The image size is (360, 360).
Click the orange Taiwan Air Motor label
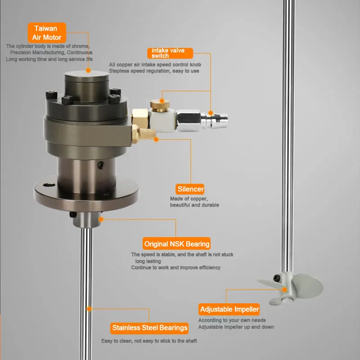(47, 32)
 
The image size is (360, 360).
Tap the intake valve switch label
(170, 53)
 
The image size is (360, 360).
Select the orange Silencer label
(190, 189)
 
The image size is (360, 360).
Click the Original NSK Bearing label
(176, 243)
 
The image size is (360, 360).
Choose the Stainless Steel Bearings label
(149, 328)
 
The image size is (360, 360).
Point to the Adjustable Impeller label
(229, 310)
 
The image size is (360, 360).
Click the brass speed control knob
(160, 105)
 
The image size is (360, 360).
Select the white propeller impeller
(290, 288)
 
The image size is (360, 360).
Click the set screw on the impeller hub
(277, 278)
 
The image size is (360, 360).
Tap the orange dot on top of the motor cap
(88, 71)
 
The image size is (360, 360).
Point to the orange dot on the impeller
(284, 290)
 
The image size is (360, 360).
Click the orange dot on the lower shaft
(89, 309)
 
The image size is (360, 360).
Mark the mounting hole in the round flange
(49, 185)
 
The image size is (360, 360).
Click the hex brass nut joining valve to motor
(139, 118)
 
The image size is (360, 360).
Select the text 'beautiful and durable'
(194, 205)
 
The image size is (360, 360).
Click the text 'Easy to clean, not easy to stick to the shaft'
(149, 341)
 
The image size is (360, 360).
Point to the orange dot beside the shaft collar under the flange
(101, 220)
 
